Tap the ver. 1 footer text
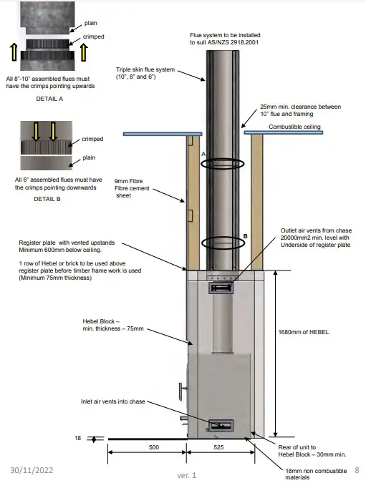(187, 475)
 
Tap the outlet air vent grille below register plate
(221, 288)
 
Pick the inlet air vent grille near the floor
(220, 426)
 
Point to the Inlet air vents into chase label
(113, 401)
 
